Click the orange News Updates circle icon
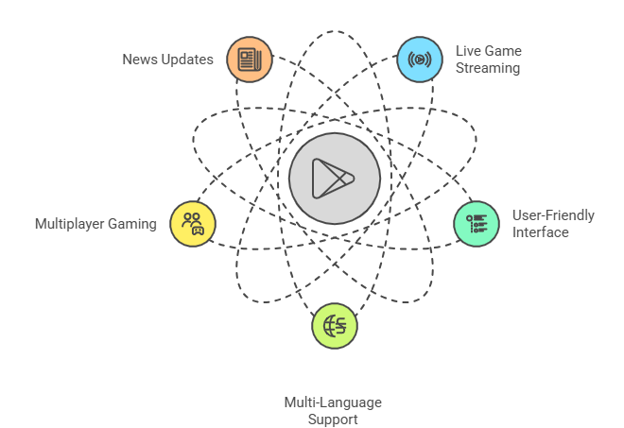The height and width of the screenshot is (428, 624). pos(250,60)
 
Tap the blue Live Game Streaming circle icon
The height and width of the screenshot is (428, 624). pos(419,60)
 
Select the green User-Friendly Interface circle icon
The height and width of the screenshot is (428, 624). pos(477,223)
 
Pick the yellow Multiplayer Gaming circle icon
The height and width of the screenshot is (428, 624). pos(193,223)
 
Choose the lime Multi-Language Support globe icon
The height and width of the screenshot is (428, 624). pos(335,326)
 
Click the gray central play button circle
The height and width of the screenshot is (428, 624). pos(335,178)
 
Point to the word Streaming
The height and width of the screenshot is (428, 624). pos(487,68)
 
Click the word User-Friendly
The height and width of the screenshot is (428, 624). pos(553,215)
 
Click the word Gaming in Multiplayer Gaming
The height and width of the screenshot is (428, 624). pos(135,224)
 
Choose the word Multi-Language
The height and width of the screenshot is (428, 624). pos(333,402)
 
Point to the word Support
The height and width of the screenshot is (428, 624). pos(333,419)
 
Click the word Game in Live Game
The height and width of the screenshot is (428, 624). pos(502,50)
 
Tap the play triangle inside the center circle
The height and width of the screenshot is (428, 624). pos(333,178)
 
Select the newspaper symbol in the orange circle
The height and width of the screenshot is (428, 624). pos(250,60)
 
